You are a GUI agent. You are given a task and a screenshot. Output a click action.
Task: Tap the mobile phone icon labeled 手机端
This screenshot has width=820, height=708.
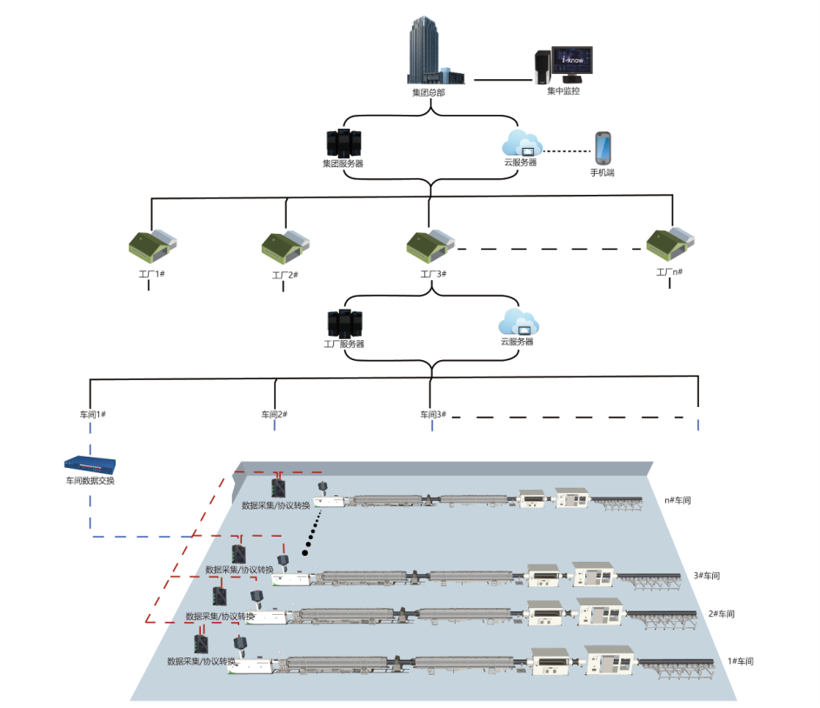tap(603, 148)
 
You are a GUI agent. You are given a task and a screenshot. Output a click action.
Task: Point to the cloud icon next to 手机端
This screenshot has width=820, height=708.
tap(522, 143)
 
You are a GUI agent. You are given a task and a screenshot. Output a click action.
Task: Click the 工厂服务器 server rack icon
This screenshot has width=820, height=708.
tap(344, 324)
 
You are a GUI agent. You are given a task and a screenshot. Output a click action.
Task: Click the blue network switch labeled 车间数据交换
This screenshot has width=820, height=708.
tap(90, 466)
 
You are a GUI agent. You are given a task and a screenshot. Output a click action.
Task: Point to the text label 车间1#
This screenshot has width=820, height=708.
tap(91, 414)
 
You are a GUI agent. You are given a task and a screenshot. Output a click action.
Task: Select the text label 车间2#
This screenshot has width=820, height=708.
tap(274, 414)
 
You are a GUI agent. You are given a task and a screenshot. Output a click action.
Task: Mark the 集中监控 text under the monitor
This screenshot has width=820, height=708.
tap(563, 90)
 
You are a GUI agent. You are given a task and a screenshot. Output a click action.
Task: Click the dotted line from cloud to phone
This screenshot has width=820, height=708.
tap(567, 151)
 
